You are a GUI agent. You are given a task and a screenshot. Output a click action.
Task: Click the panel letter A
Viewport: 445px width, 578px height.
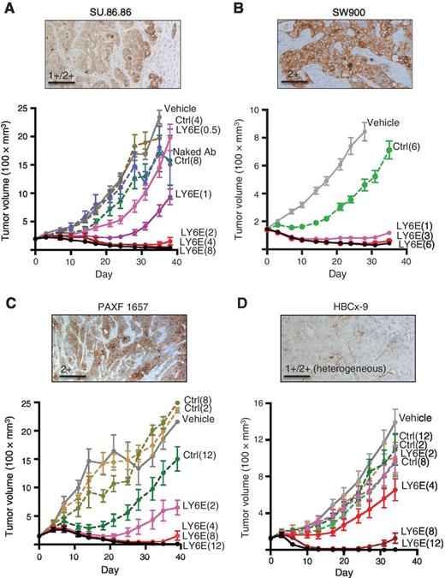coord(7,8)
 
